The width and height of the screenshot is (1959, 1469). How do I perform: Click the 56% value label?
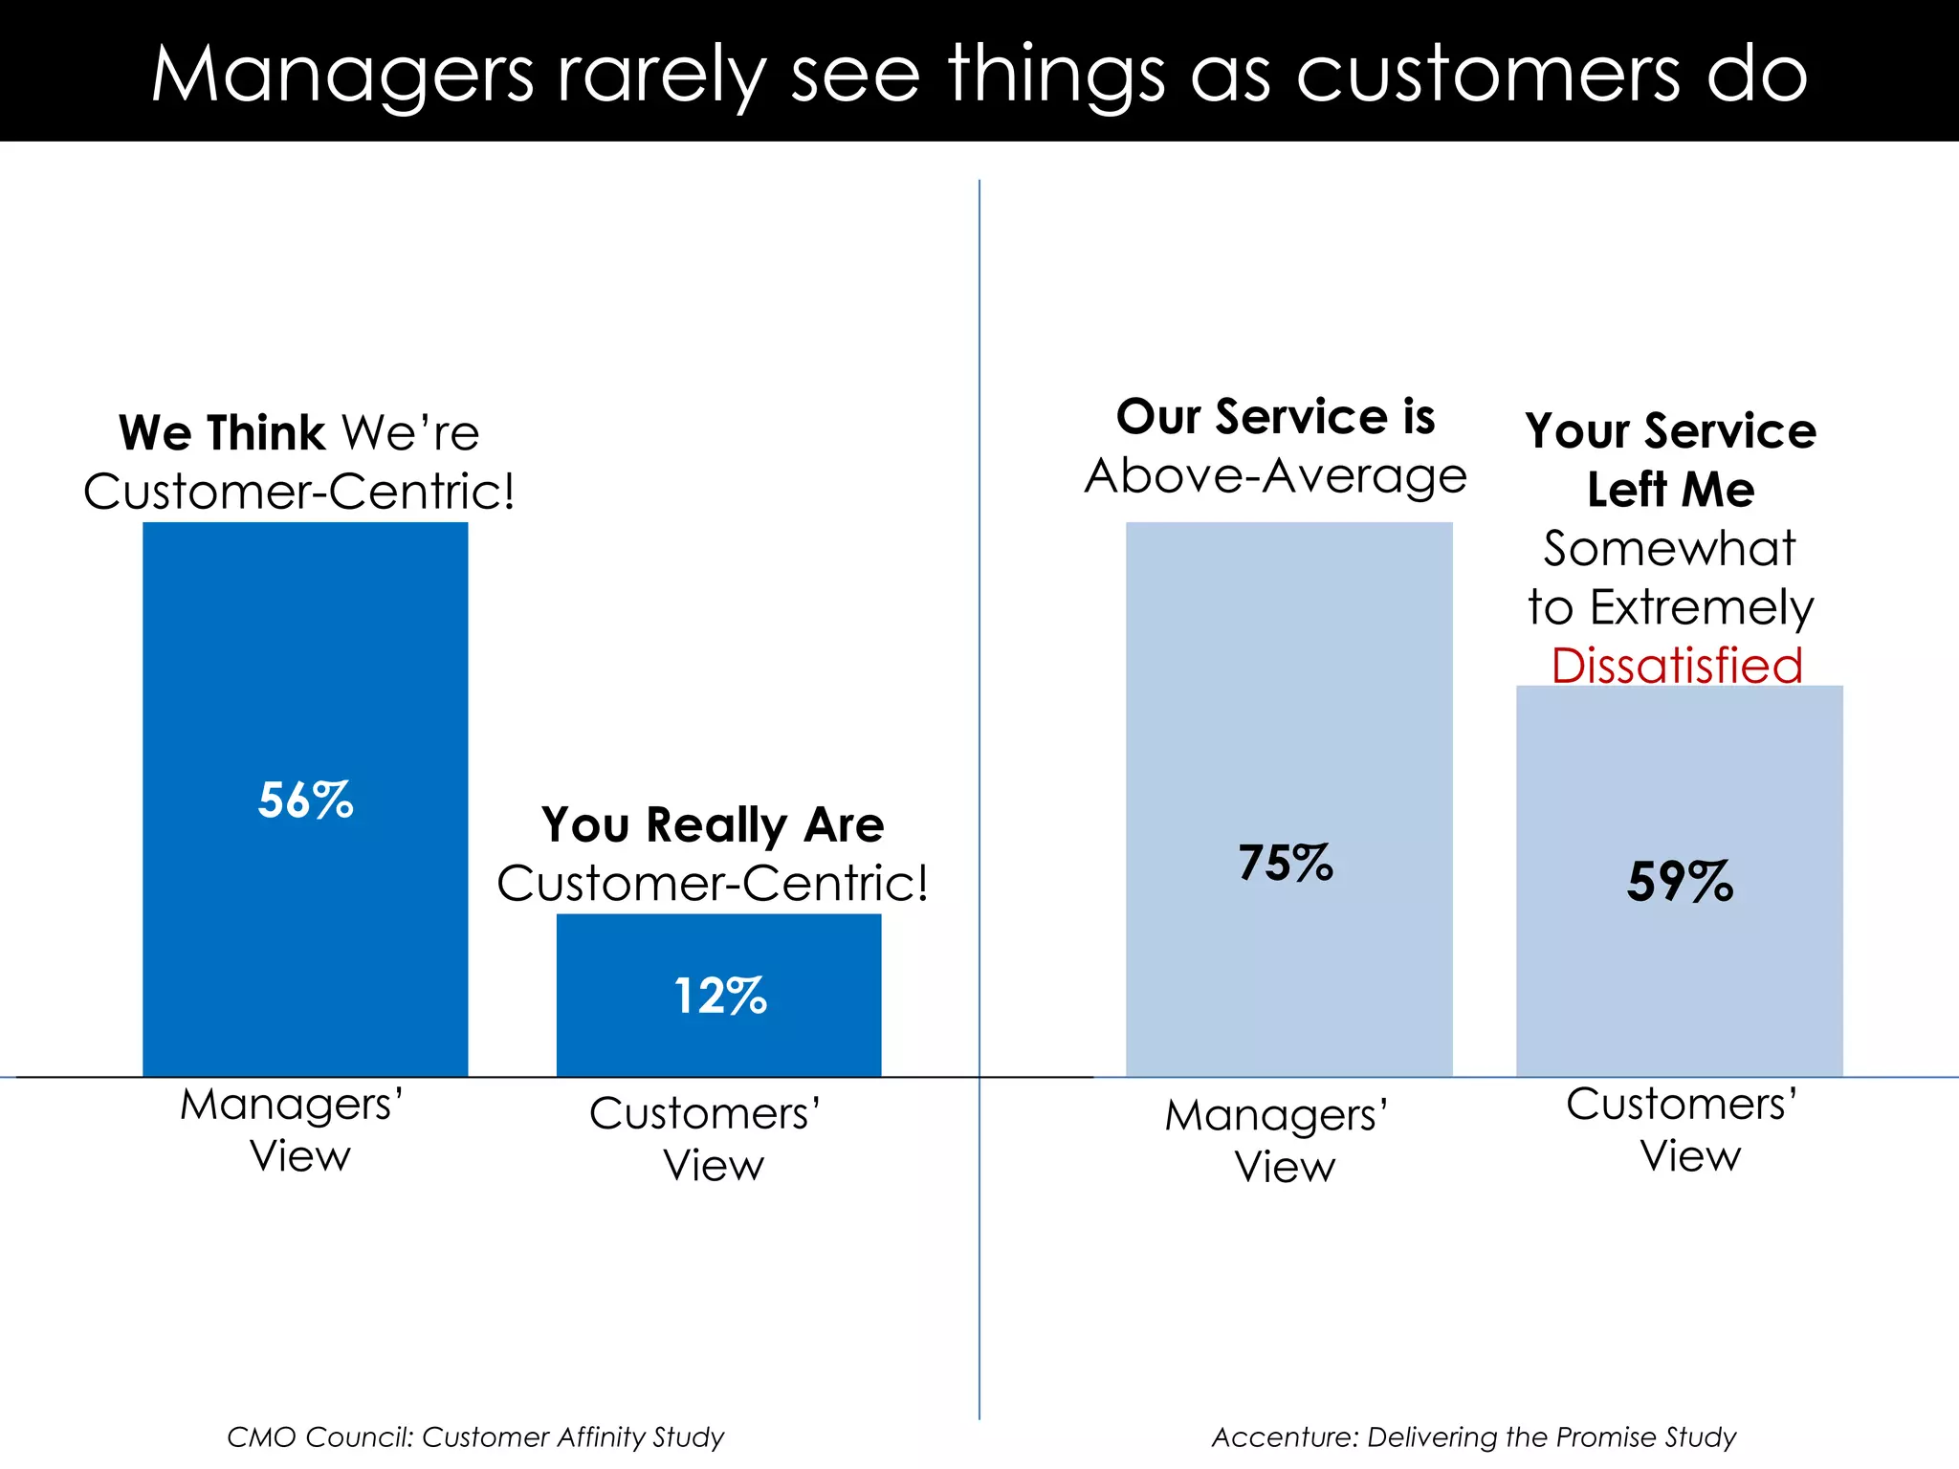tap(306, 800)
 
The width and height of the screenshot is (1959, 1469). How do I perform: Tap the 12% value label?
tap(720, 997)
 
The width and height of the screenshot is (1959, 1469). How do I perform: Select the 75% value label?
tap(1286, 863)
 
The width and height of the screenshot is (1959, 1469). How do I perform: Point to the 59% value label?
tap(1680, 881)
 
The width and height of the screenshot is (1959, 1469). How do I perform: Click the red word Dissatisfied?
tap(1677, 666)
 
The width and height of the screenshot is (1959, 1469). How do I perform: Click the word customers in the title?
tap(1487, 75)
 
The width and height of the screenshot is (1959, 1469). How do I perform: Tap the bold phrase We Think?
tap(222, 433)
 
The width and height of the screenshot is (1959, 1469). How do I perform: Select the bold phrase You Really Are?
tap(713, 824)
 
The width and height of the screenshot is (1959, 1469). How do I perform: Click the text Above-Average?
tap(1276, 476)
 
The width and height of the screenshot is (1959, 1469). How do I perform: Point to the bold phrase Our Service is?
tap(1276, 417)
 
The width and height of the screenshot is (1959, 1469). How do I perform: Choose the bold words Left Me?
tap(1670, 490)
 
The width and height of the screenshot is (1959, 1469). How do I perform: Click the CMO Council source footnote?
tap(475, 1436)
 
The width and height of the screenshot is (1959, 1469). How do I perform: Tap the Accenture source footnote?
tap(1473, 1436)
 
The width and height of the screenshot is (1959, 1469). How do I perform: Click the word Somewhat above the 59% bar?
tap(1669, 549)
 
